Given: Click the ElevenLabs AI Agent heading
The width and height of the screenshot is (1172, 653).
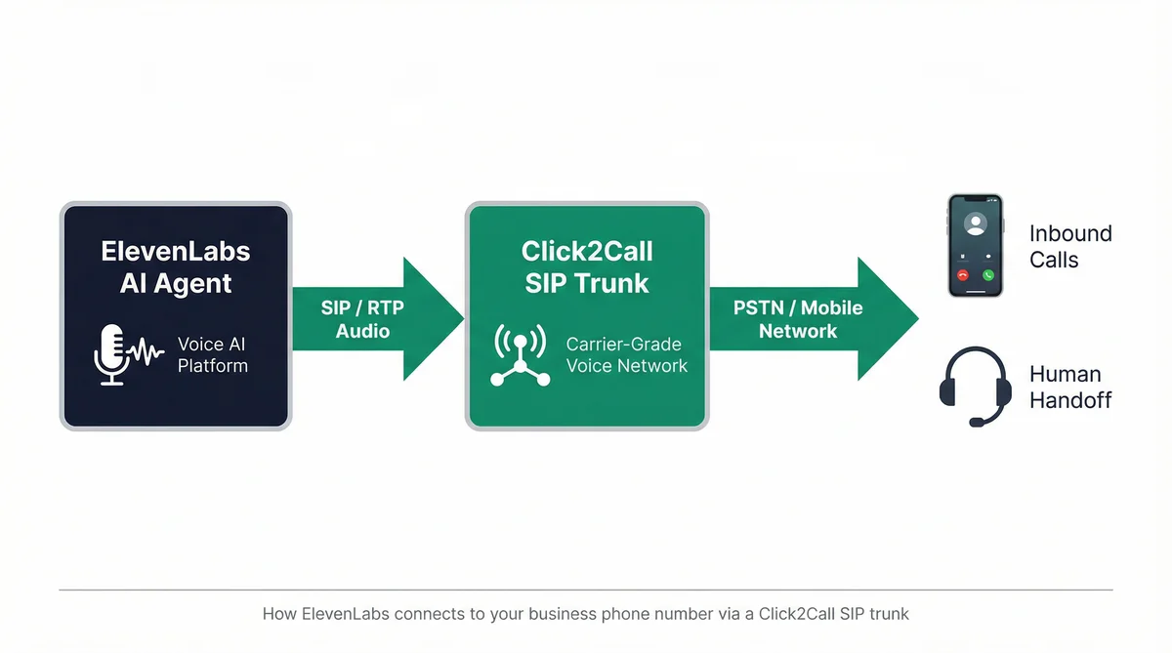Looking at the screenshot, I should click(176, 266).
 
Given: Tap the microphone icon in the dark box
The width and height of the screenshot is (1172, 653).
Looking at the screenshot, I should click(112, 353).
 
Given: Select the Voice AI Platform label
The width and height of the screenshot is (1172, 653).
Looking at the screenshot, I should click(212, 355).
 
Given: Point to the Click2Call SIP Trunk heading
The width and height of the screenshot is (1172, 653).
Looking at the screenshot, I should click(586, 266).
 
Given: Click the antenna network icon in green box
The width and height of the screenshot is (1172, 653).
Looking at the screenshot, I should click(520, 355).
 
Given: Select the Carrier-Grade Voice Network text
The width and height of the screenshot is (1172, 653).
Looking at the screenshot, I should click(626, 355).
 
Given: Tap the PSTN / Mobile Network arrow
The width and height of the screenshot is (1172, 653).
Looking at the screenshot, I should click(801, 319).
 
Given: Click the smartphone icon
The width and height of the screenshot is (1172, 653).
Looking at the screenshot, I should click(975, 245).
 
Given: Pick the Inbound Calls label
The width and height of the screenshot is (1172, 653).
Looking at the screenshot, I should click(1070, 246).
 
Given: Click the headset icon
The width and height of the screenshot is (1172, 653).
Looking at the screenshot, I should click(975, 388).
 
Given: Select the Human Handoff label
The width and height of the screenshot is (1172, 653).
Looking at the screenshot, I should click(1070, 388).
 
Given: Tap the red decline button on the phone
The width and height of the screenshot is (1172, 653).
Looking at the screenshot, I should click(962, 276).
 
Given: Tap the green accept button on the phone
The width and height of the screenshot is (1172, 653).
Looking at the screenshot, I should click(987, 276).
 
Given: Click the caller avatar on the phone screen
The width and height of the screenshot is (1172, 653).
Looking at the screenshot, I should click(975, 224).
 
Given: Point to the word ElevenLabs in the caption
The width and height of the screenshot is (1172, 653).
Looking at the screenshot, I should click(336, 615).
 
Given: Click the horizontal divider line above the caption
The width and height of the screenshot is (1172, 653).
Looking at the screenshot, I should click(586, 590).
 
